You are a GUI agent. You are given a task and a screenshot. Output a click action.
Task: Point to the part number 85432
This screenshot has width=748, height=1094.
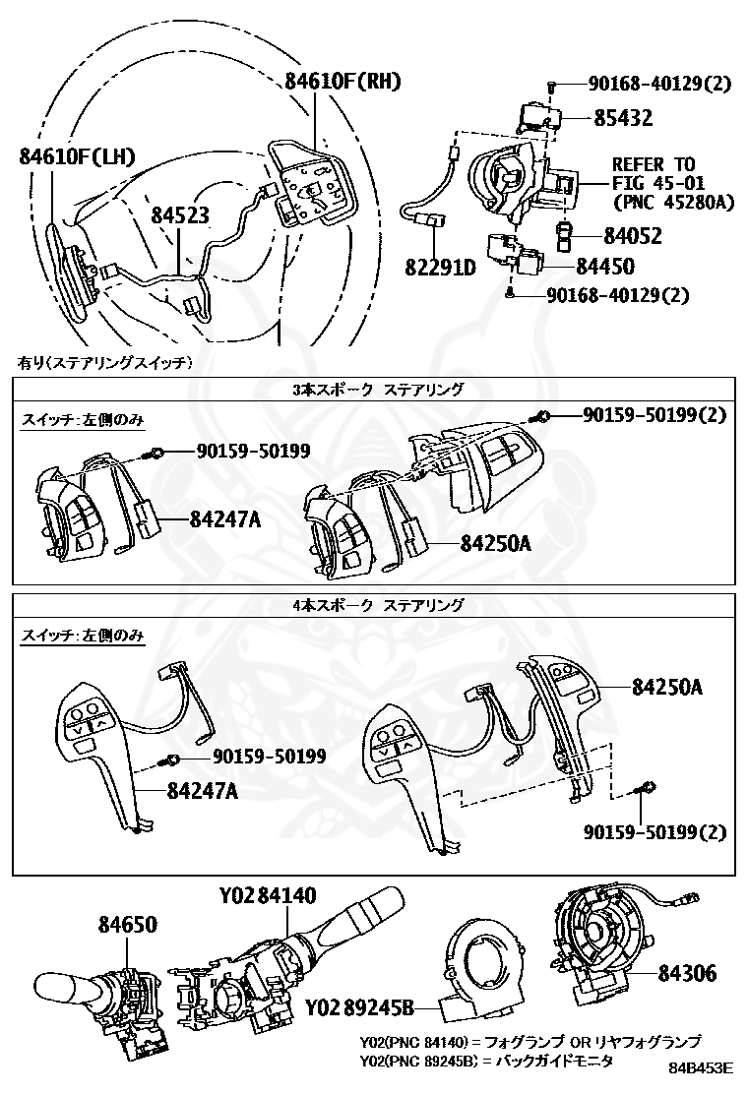pos(622,118)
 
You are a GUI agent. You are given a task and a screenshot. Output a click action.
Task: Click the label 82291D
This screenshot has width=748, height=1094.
pos(439,267)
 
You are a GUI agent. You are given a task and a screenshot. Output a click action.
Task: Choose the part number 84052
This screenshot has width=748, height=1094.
pos(632,236)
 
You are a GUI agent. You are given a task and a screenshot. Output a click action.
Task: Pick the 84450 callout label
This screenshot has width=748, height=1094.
pos(632,266)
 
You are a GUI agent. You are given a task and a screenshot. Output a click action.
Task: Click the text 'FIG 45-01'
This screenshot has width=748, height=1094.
pos(654,183)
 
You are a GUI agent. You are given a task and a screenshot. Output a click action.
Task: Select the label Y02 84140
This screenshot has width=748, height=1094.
pos(268,896)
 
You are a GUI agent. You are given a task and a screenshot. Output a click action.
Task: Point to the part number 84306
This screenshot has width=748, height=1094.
pos(687,974)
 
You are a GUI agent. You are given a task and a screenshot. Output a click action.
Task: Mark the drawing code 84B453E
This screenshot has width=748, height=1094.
pos(702,1066)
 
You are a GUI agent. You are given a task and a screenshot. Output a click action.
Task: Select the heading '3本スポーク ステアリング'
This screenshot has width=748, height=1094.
pos(378,390)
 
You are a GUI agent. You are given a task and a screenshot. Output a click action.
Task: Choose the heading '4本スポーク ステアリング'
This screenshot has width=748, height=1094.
pos(378,605)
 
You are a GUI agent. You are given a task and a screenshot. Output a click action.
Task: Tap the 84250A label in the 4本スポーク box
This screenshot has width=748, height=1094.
pos(666,687)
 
